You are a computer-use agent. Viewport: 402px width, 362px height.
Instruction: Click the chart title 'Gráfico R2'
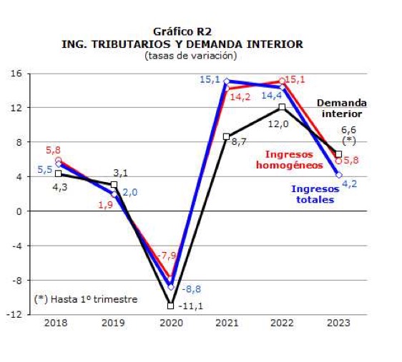pyautogui.click(x=183, y=31)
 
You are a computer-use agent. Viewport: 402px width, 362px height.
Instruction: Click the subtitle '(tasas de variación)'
pyautogui.click(x=183, y=55)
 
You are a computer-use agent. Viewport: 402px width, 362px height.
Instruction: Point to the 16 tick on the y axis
pyautogui.click(x=16, y=74)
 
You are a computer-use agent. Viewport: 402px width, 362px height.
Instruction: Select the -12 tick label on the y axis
pyautogui.click(x=14, y=315)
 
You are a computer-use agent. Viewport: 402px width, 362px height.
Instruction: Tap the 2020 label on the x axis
pyautogui.click(x=170, y=325)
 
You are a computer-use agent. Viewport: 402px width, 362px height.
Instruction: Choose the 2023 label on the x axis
pyautogui.click(x=338, y=325)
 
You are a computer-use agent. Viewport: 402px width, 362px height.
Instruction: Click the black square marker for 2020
pyautogui.click(x=170, y=306)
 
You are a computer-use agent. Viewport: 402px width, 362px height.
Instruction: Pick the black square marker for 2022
pyautogui.click(x=282, y=107)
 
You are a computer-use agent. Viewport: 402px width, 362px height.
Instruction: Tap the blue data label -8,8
pyautogui.click(x=191, y=288)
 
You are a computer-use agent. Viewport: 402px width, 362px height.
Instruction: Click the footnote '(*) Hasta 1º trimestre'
pyautogui.click(x=85, y=299)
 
